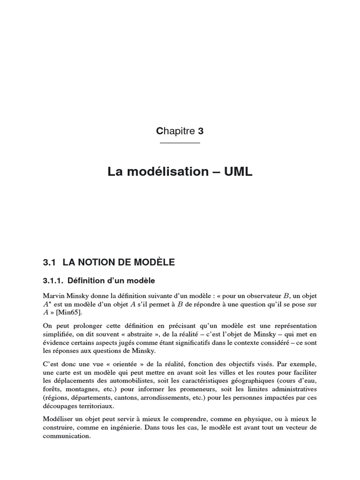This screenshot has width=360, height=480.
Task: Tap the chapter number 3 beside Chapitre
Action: tap(201, 132)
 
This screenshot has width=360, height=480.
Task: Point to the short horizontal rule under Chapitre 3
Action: tap(180, 142)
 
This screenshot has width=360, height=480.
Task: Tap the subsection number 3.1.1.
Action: tap(53, 281)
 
